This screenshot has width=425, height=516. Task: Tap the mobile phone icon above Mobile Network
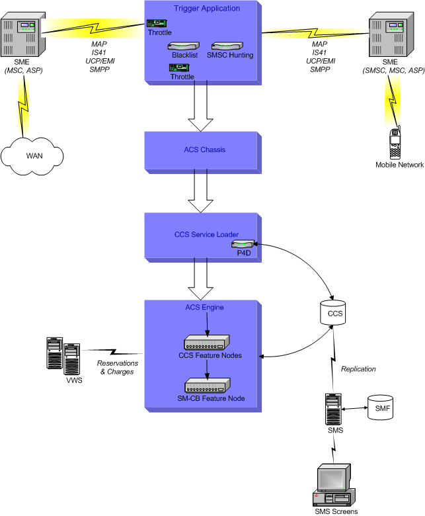[x=395, y=142]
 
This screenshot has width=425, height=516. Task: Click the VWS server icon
[x=64, y=357]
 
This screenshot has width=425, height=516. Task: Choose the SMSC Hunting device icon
[x=228, y=46]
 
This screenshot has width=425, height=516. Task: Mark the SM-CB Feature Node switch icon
[x=206, y=386]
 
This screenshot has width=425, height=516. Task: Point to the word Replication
[x=358, y=369]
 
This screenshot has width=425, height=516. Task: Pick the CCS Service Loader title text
[x=206, y=235]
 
